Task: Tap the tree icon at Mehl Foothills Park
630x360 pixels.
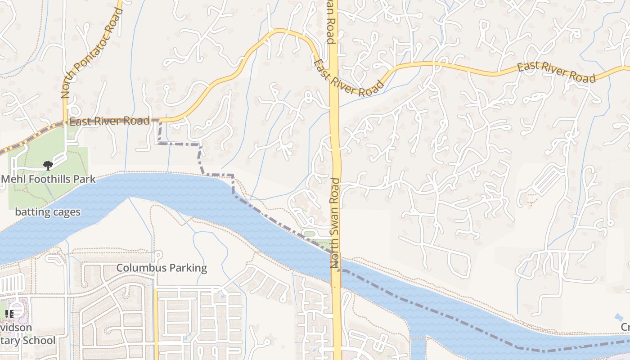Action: click(x=48, y=166)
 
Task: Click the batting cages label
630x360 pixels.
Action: click(x=48, y=212)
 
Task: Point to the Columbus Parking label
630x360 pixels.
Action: click(x=162, y=268)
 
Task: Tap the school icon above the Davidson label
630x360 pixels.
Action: click(x=9, y=314)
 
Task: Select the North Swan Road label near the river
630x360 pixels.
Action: click(x=336, y=223)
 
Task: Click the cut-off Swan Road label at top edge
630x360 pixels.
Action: click(x=331, y=22)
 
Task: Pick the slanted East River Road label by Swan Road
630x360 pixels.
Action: click(x=349, y=79)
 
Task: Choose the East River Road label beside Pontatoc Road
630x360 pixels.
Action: click(x=109, y=121)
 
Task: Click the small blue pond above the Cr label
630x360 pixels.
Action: click(x=619, y=317)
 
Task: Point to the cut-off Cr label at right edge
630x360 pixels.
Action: click(x=625, y=327)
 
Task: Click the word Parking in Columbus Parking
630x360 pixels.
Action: click(x=185, y=268)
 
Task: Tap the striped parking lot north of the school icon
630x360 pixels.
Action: click(x=13, y=283)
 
